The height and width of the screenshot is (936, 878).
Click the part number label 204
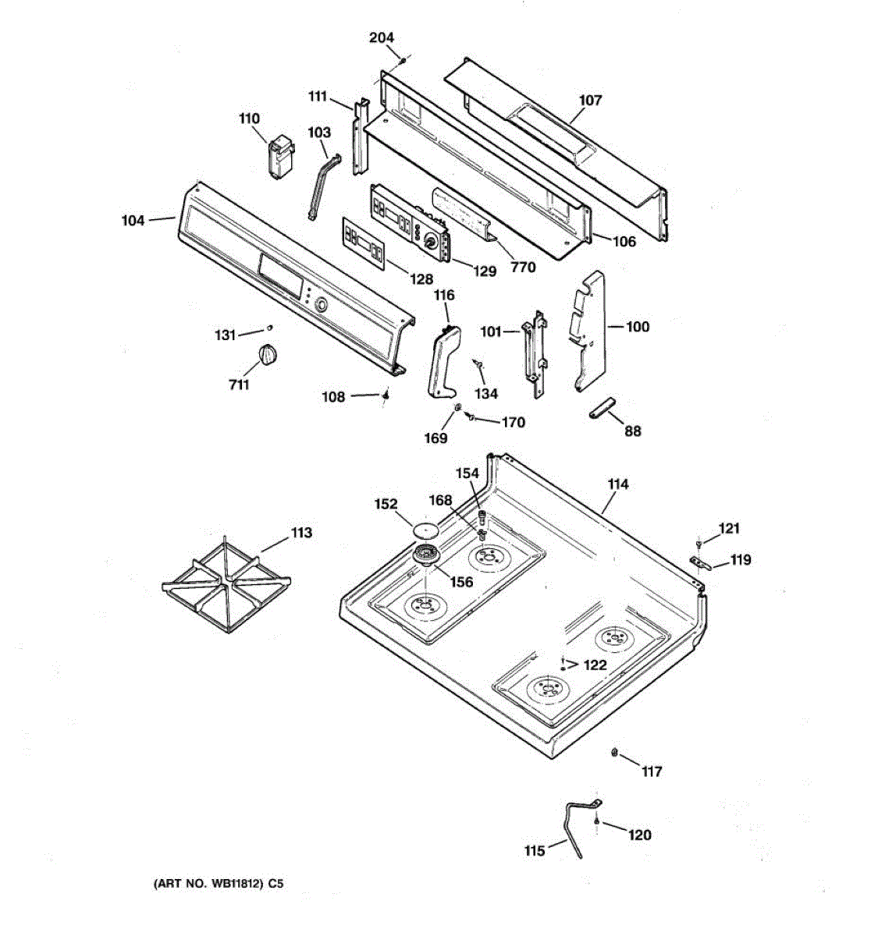tap(382, 37)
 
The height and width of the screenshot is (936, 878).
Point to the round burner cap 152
tap(425, 528)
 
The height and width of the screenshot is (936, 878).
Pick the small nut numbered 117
tap(615, 752)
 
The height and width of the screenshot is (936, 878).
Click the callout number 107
tap(591, 100)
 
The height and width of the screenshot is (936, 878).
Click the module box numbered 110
tap(280, 158)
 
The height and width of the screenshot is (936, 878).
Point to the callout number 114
tap(617, 484)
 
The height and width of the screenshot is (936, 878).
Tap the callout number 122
tap(595, 665)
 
